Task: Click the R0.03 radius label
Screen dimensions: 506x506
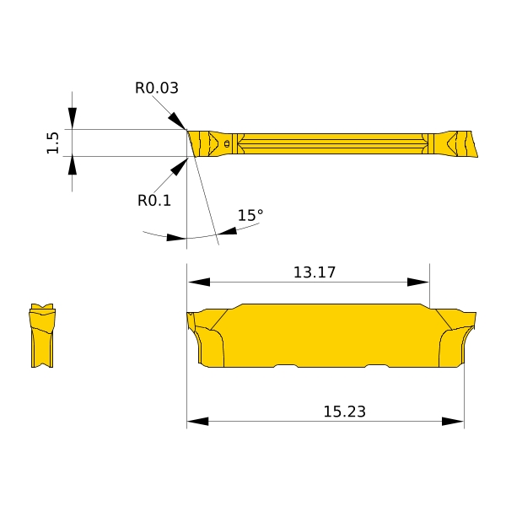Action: pyautogui.click(x=157, y=88)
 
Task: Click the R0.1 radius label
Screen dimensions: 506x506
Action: pyautogui.click(x=154, y=201)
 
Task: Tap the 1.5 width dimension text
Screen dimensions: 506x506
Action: pyautogui.click(x=53, y=143)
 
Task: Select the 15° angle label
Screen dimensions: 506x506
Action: pyautogui.click(x=250, y=215)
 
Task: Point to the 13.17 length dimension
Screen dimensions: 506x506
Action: pyautogui.click(x=315, y=272)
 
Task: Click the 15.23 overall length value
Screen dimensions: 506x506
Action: pyautogui.click(x=344, y=412)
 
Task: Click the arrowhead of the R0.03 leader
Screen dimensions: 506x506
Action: pyautogui.click(x=177, y=121)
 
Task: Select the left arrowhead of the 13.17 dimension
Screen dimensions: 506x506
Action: pyautogui.click(x=199, y=282)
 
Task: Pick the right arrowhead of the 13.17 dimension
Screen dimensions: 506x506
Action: pyautogui.click(x=418, y=282)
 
